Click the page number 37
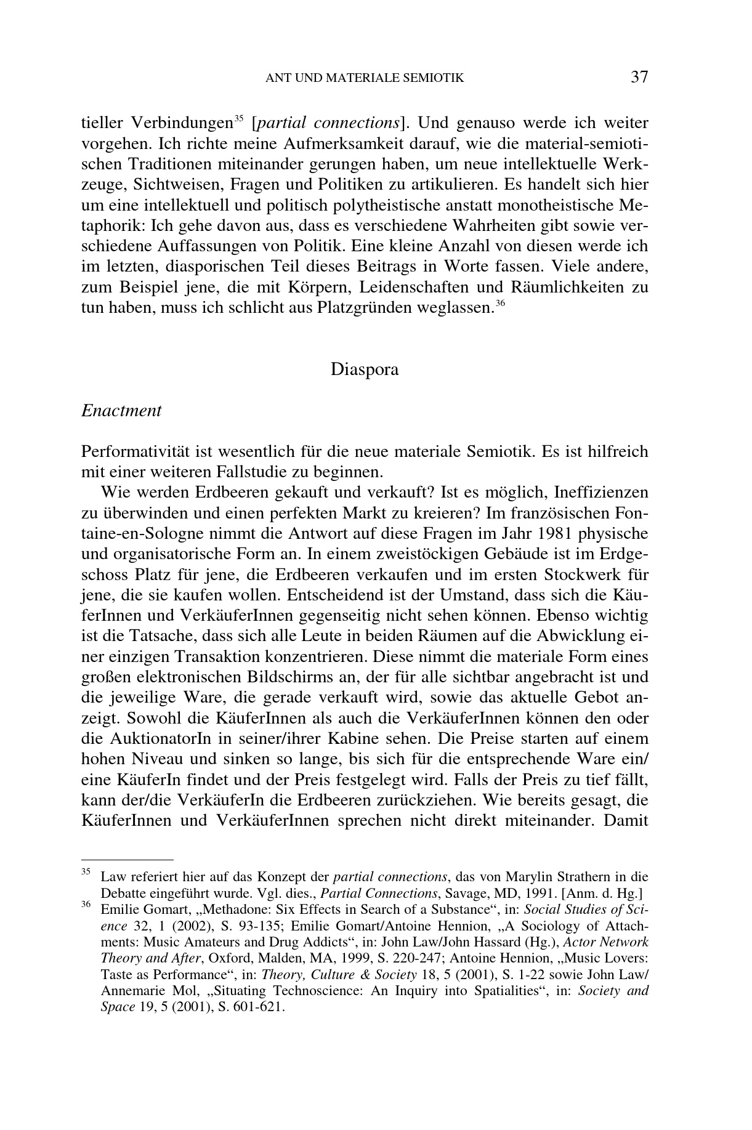coord(639,77)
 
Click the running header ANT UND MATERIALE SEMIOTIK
coord(364,78)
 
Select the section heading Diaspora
coord(365,369)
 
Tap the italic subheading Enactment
coord(121,411)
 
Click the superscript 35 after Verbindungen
coord(240,118)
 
